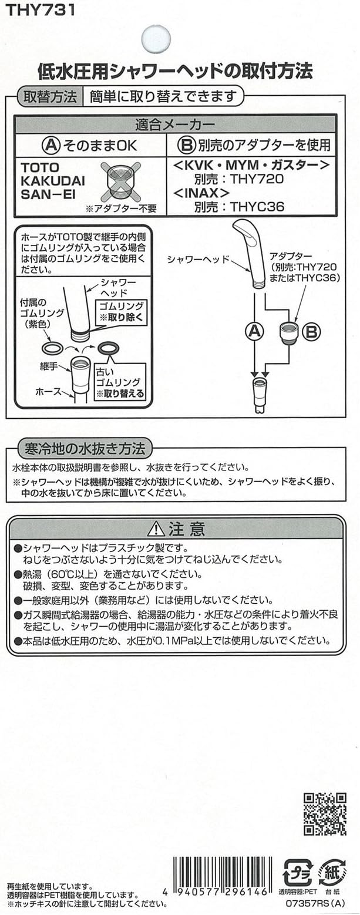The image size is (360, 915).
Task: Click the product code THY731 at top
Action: pyautogui.click(x=40, y=10)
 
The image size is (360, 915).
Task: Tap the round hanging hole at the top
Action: pyautogui.click(x=156, y=39)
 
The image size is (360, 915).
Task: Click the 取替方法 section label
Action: pyautogui.click(x=49, y=95)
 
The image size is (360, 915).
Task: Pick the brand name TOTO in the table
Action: pyautogui.click(x=40, y=167)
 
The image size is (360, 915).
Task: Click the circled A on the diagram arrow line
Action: pyautogui.click(x=253, y=332)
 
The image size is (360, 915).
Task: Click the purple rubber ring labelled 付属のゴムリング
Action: pyautogui.click(x=52, y=348)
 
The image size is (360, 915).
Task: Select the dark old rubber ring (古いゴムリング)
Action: pyautogui.click(x=109, y=348)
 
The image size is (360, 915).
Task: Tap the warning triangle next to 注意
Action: pyautogui.click(x=156, y=529)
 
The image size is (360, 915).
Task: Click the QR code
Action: pyautogui.click(x=325, y=813)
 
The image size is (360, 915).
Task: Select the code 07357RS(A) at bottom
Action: pyautogui.click(x=318, y=905)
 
